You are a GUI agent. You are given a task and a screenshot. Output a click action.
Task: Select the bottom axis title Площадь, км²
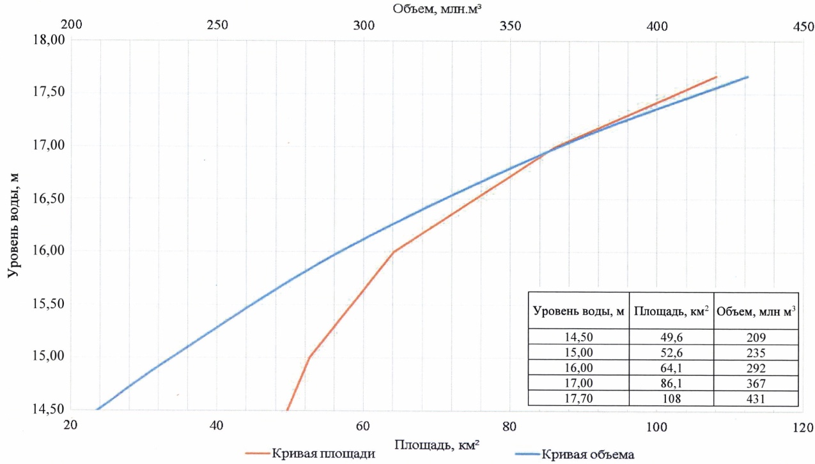point(438,445)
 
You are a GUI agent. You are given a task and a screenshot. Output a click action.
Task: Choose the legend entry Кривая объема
point(587,454)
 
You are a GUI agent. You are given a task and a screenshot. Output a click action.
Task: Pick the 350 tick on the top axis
point(510,26)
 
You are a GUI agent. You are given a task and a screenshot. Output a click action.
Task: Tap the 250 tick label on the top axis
point(217,26)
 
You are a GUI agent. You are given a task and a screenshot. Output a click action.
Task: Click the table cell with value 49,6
point(671,337)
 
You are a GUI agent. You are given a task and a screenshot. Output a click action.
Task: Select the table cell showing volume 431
point(756,398)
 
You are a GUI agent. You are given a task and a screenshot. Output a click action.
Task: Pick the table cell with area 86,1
point(671,383)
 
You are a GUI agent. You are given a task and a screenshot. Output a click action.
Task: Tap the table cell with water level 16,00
point(579,367)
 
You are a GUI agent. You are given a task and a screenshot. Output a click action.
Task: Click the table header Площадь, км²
point(671,311)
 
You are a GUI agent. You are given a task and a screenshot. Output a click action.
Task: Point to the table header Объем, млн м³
point(756,311)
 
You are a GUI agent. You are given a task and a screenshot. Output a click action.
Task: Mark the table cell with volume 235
point(756,352)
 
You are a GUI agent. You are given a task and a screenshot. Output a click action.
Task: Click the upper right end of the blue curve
point(747,77)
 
